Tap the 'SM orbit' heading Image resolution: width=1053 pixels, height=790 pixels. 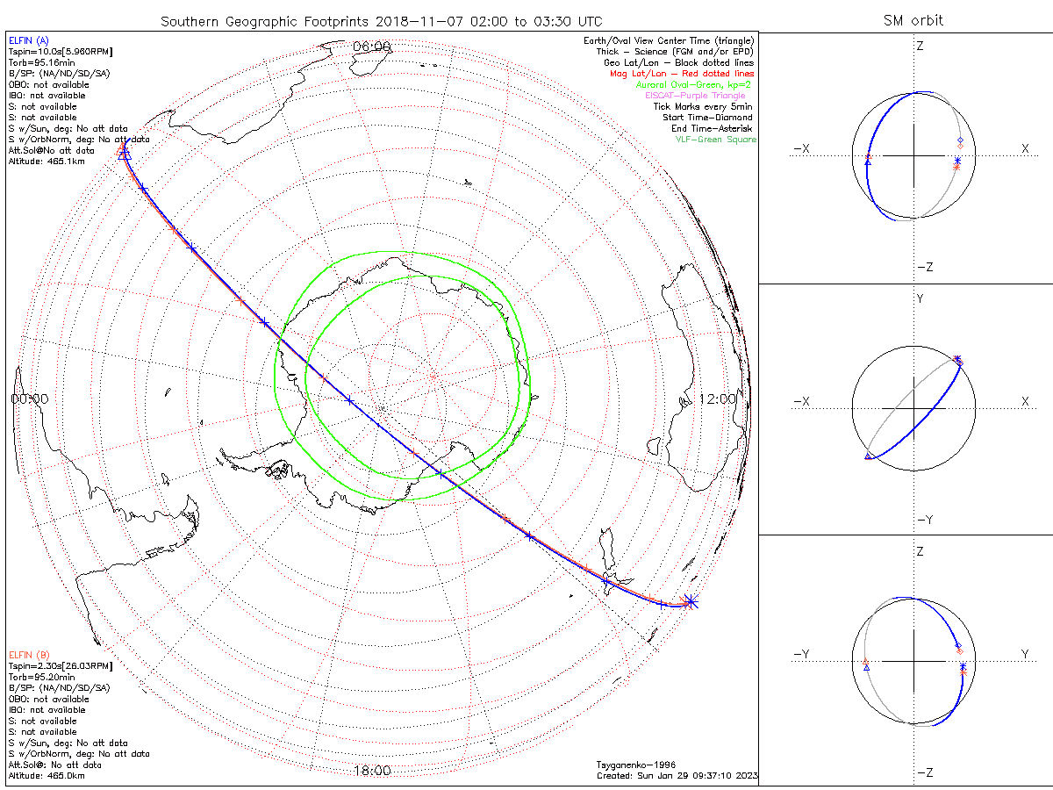pos(913,21)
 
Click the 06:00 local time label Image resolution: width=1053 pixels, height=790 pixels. pos(371,47)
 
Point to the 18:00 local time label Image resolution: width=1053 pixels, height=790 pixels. pos(371,771)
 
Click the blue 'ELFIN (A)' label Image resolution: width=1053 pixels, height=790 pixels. pos(29,40)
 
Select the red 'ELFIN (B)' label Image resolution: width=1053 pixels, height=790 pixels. pos(29,655)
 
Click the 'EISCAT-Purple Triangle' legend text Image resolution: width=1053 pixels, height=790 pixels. pos(700,95)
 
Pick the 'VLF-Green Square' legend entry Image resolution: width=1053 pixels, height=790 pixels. pos(715,139)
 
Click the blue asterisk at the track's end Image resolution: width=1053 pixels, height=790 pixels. pos(691,601)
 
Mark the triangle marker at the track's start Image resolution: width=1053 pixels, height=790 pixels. pos(124,153)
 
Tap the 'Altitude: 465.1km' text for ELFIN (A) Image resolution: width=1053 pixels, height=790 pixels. pos(47,161)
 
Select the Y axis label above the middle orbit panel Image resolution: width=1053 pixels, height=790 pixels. pos(920,299)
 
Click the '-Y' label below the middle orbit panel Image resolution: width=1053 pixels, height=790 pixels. pos(924,520)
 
